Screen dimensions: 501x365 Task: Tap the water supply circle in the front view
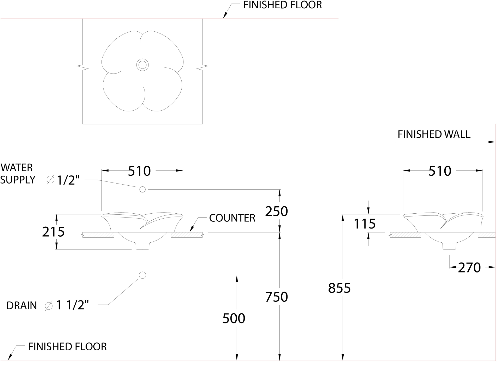(x=142, y=189)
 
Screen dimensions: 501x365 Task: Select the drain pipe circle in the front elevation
(x=142, y=275)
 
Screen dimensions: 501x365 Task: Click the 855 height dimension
(x=339, y=288)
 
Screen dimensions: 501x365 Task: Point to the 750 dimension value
(x=276, y=297)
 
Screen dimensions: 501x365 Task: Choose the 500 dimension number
(x=234, y=318)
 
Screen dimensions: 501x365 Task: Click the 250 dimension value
(x=276, y=211)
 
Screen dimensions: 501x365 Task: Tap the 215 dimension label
(x=53, y=232)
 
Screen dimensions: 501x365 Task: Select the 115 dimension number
(x=365, y=224)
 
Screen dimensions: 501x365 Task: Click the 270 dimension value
(x=469, y=268)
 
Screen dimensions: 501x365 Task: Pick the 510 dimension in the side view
(x=440, y=171)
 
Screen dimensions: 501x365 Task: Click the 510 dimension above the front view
(x=139, y=171)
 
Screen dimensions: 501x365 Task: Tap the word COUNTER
(x=232, y=218)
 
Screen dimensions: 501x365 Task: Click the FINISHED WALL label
(x=434, y=134)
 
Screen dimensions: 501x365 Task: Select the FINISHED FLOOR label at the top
(x=283, y=5)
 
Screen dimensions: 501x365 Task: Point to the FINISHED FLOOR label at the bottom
(x=67, y=347)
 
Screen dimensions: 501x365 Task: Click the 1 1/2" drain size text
(x=73, y=305)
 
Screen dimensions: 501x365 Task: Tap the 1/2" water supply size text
(x=68, y=180)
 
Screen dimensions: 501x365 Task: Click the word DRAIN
(x=22, y=306)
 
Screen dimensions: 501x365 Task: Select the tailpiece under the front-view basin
(x=142, y=246)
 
